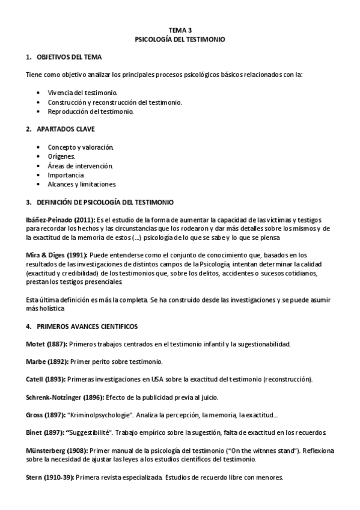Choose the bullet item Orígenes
(x=62, y=156)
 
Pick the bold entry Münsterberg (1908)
(x=58, y=450)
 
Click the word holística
(x=50, y=309)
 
